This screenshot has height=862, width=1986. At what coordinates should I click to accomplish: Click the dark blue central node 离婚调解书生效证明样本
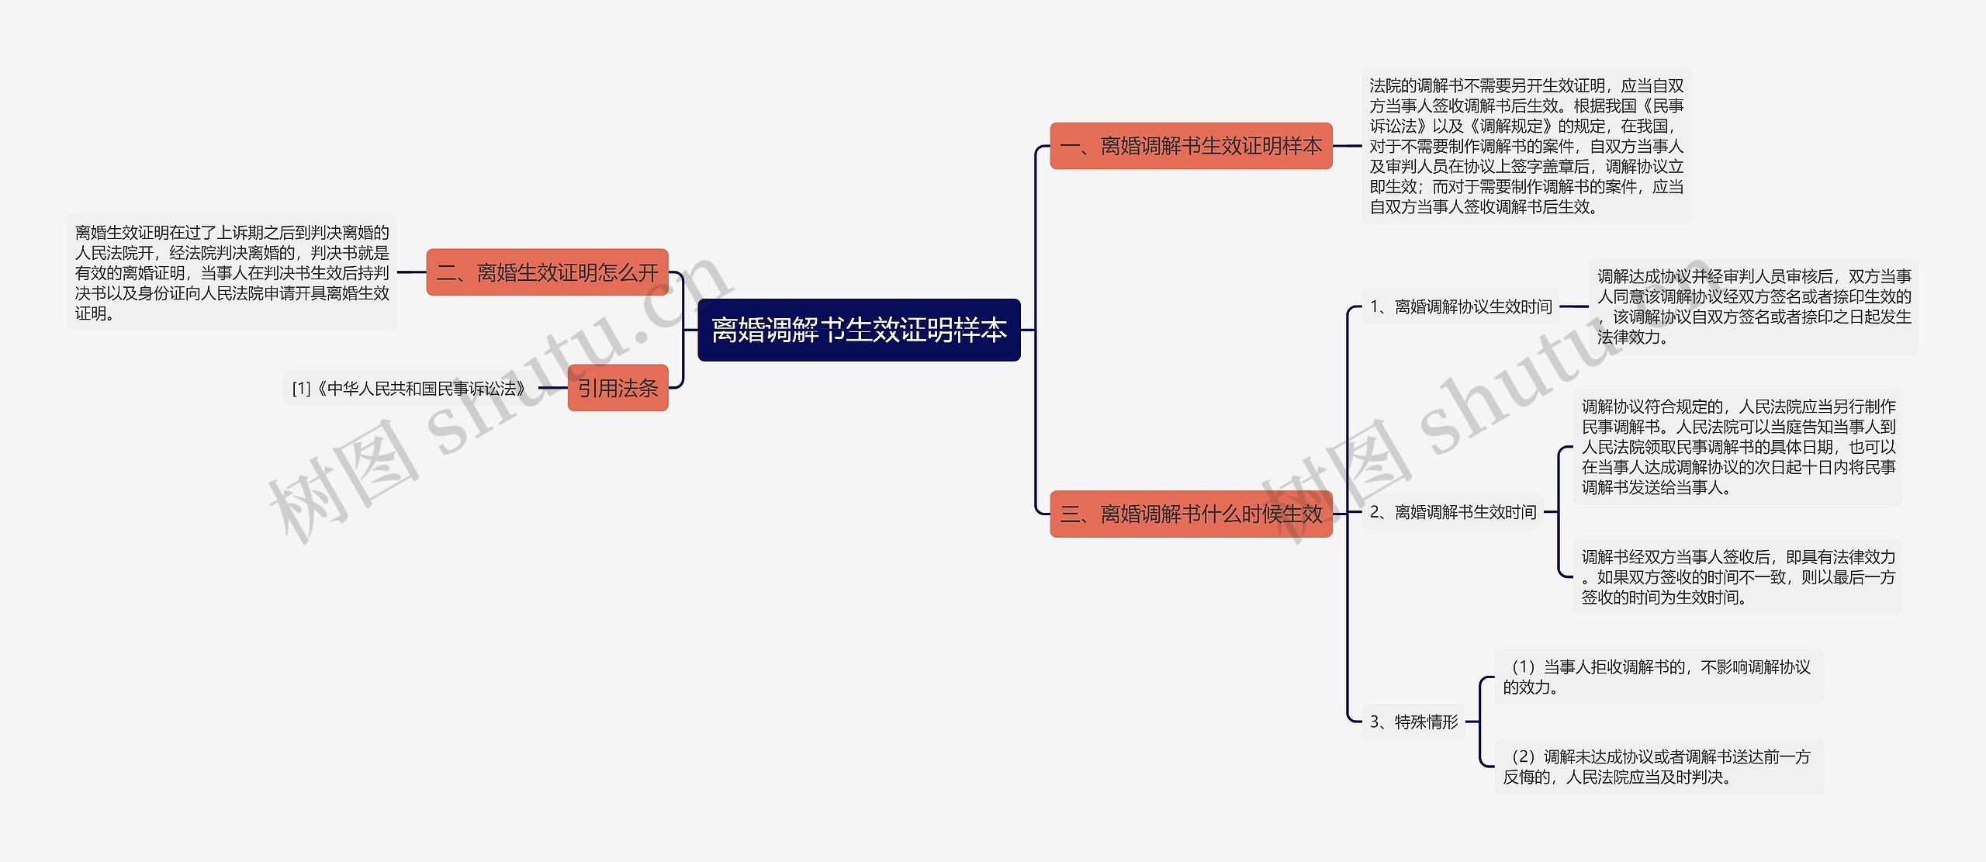pyautogui.click(x=858, y=330)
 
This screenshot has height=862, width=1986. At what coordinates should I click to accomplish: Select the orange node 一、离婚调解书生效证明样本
pyautogui.click(x=1191, y=146)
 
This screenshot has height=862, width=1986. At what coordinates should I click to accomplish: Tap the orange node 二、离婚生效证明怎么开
pyautogui.click(x=547, y=272)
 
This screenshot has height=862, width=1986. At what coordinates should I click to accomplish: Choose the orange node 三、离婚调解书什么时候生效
pyautogui.click(x=1191, y=514)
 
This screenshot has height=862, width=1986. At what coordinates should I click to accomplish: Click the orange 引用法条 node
pyautogui.click(x=618, y=388)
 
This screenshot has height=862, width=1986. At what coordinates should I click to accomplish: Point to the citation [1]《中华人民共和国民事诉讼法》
pyautogui.click(x=409, y=388)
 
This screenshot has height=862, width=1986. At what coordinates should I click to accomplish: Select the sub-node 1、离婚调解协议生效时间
pyautogui.click(x=1461, y=307)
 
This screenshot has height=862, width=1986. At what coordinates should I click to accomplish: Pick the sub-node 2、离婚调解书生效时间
pyautogui.click(x=1453, y=512)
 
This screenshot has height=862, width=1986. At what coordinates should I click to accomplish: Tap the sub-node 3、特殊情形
pyautogui.click(x=1413, y=722)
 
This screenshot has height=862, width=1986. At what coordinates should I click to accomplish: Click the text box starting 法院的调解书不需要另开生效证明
pyautogui.click(x=1526, y=146)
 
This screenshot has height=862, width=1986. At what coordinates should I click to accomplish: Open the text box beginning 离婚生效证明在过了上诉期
pyautogui.click(x=232, y=272)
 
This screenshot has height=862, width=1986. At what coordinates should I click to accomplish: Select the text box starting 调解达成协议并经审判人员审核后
pyautogui.click(x=1753, y=306)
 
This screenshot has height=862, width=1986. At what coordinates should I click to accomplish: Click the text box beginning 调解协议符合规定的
pyautogui.click(x=1738, y=447)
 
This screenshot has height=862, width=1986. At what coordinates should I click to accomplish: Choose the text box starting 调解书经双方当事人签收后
pyautogui.click(x=1738, y=577)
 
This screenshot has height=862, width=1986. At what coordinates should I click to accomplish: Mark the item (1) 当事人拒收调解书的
pyautogui.click(x=1659, y=677)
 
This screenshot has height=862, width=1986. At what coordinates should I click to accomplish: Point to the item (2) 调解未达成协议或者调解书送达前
pyautogui.click(x=1659, y=767)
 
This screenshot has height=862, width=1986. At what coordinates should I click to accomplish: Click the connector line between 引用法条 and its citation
pyautogui.click(x=552, y=388)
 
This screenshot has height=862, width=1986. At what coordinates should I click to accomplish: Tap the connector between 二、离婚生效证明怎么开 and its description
pyautogui.click(x=411, y=272)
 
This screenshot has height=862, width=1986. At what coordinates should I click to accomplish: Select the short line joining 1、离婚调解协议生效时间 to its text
pyautogui.click(x=1574, y=306)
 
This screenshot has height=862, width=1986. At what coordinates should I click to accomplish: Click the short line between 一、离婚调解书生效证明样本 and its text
pyautogui.click(x=1347, y=146)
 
